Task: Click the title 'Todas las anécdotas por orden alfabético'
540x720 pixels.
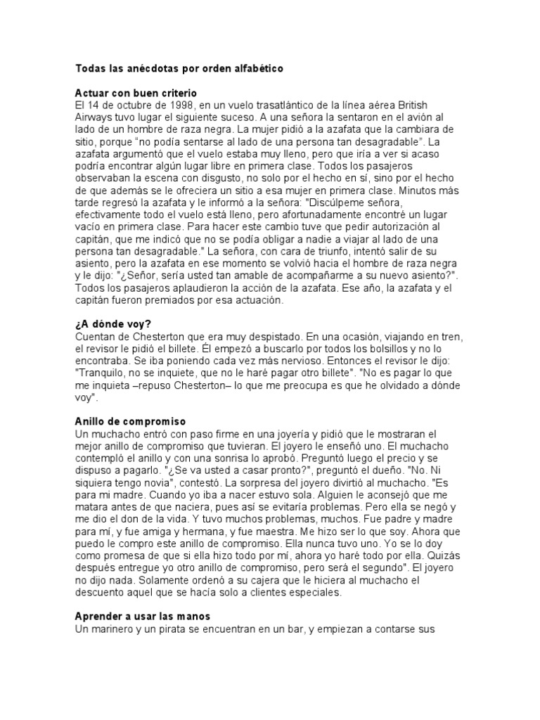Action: (179, 70)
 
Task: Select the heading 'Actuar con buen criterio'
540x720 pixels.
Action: (136, 93)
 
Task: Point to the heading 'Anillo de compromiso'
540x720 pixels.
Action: (130, 421)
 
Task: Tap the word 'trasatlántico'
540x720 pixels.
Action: (269, 105)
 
